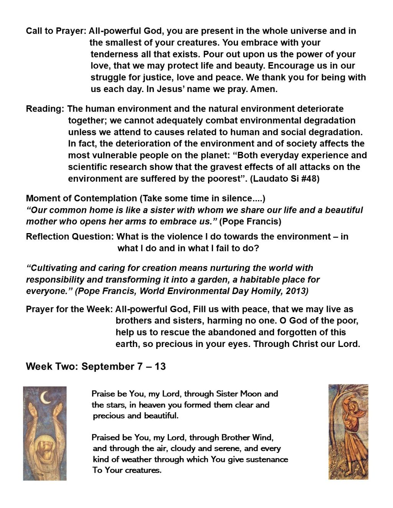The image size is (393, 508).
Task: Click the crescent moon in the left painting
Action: tap(46, 398)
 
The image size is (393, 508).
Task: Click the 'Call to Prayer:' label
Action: tap(56, 31)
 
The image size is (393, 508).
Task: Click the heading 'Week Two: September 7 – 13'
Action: tap(96, 366)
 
